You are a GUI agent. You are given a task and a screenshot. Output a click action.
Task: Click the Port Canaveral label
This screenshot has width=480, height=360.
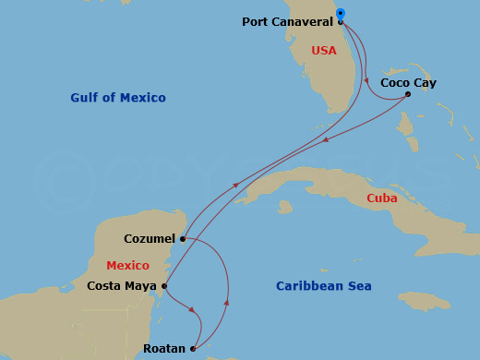[287, 22]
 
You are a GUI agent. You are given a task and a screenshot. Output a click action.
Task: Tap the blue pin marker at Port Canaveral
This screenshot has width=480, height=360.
[341, 15]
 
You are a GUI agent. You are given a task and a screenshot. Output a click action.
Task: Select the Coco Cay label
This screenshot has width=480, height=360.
[408, 83]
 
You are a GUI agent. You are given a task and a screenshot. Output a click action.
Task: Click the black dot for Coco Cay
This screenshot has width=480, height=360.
[408, 94]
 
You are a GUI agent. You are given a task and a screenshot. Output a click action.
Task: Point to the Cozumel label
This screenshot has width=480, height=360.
[150, 239]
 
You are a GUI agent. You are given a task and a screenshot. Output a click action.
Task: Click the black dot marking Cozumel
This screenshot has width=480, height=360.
[183, 239]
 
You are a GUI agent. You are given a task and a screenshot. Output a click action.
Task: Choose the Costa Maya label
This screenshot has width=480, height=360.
[122, 286]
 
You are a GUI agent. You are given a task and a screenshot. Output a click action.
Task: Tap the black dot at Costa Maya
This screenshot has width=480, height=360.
[164, 286]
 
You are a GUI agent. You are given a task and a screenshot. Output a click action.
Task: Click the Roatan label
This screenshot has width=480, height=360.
[163, 349]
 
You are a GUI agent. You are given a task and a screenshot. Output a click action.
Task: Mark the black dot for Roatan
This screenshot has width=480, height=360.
[193, 349]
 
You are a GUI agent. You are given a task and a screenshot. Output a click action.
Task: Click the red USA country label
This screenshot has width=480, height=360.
[324, 51]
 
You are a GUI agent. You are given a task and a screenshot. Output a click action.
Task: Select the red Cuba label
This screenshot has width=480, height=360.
[382, 198]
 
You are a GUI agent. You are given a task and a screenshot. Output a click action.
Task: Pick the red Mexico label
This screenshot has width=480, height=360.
[127, 266]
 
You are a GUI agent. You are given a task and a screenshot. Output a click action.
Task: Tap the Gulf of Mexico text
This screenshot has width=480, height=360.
[118, 98]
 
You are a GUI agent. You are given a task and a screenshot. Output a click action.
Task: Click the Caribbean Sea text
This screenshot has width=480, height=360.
[324, 286]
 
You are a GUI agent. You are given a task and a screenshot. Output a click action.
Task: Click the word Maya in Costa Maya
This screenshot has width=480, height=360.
[141, 286]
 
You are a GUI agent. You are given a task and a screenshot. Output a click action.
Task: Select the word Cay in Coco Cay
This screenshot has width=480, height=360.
[425, 83]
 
